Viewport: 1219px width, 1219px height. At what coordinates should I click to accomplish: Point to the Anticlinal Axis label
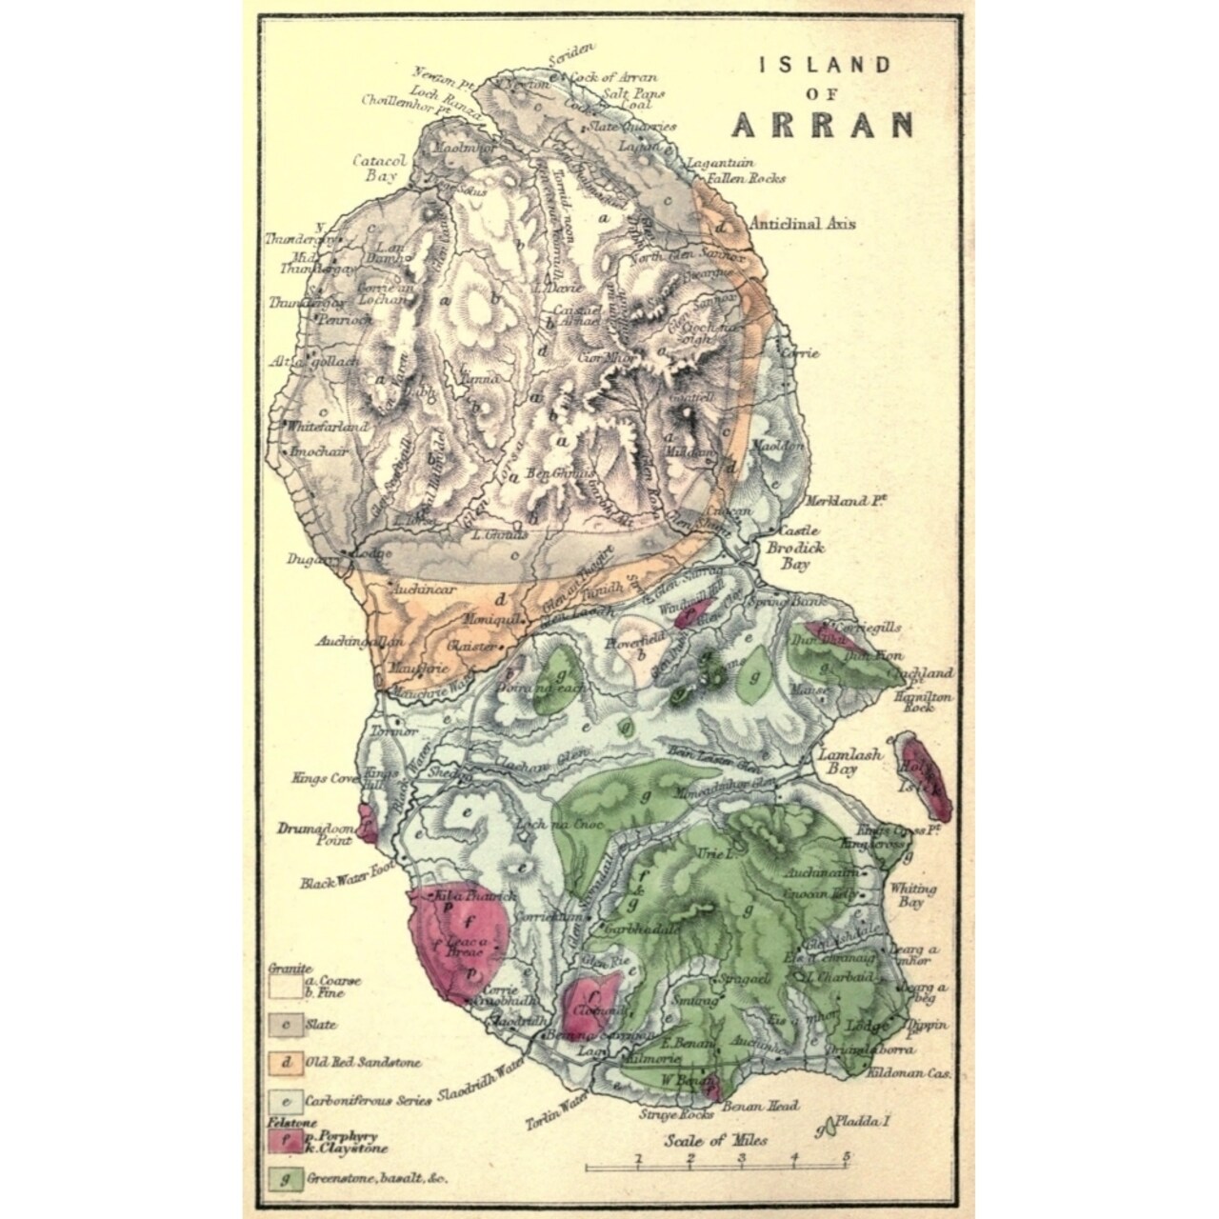[x=802, y=225]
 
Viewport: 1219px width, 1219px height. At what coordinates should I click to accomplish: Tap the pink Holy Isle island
[x=923, y=775]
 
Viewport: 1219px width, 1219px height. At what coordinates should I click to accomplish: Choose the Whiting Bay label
[x=911, y=894]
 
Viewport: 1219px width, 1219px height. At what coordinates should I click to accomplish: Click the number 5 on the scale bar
[x=846, y=1158]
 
